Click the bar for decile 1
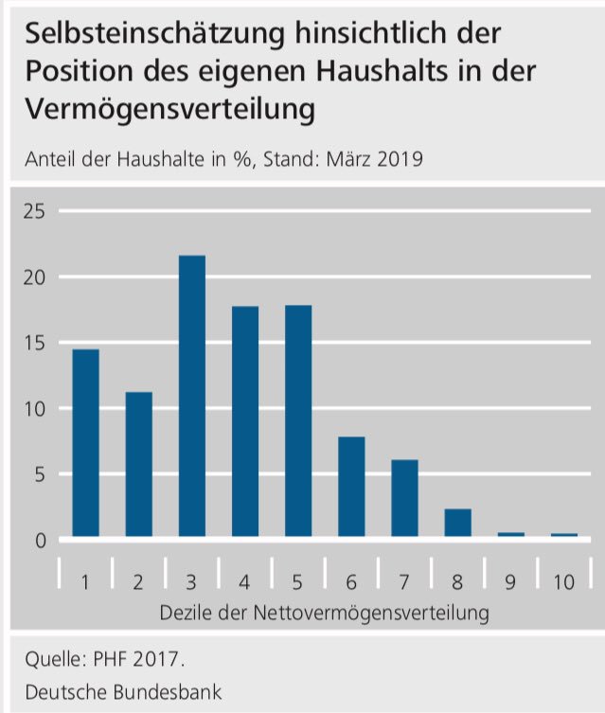pyautogui.click(x=85, y=443)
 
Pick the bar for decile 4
pyautogui.click(x=244, y=421)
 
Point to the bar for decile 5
pyautogui.click(x=297, y=421)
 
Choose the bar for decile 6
pyautogui.click(x=351, y=487)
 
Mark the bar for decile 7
pyautogui.click(x=404, y=499)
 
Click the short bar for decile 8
pyautogui.click(x=457, y=524)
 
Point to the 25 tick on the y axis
pyautogui.click(x=35, y=211)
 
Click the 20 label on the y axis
pyautogui.click(x=35, y=277)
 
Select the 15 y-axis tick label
pyautogui.click(x=35, y=343)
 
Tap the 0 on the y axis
pyautogui.click(x=40, y=541)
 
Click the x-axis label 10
pyautogui.click(x=563, y=582)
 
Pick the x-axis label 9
pyautogui.click(x=510, y=582)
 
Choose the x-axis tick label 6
pyautogui.click(x=351, y=582)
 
